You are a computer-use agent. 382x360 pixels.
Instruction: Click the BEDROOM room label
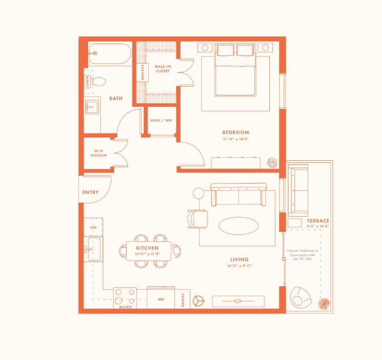235,133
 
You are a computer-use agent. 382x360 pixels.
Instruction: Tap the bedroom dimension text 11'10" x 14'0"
235,139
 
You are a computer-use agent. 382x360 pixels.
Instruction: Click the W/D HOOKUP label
98,153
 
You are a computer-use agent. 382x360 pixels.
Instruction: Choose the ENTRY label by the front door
90,192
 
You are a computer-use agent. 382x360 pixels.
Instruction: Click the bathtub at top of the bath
110,53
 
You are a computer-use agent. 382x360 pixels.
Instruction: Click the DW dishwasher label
93,227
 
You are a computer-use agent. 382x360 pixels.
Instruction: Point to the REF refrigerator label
161,299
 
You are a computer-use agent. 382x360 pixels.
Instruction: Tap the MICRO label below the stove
125,307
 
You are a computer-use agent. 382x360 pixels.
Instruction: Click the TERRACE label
318,221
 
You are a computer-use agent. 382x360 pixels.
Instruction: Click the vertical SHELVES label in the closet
142,72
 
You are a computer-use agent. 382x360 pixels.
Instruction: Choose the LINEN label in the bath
87,81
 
